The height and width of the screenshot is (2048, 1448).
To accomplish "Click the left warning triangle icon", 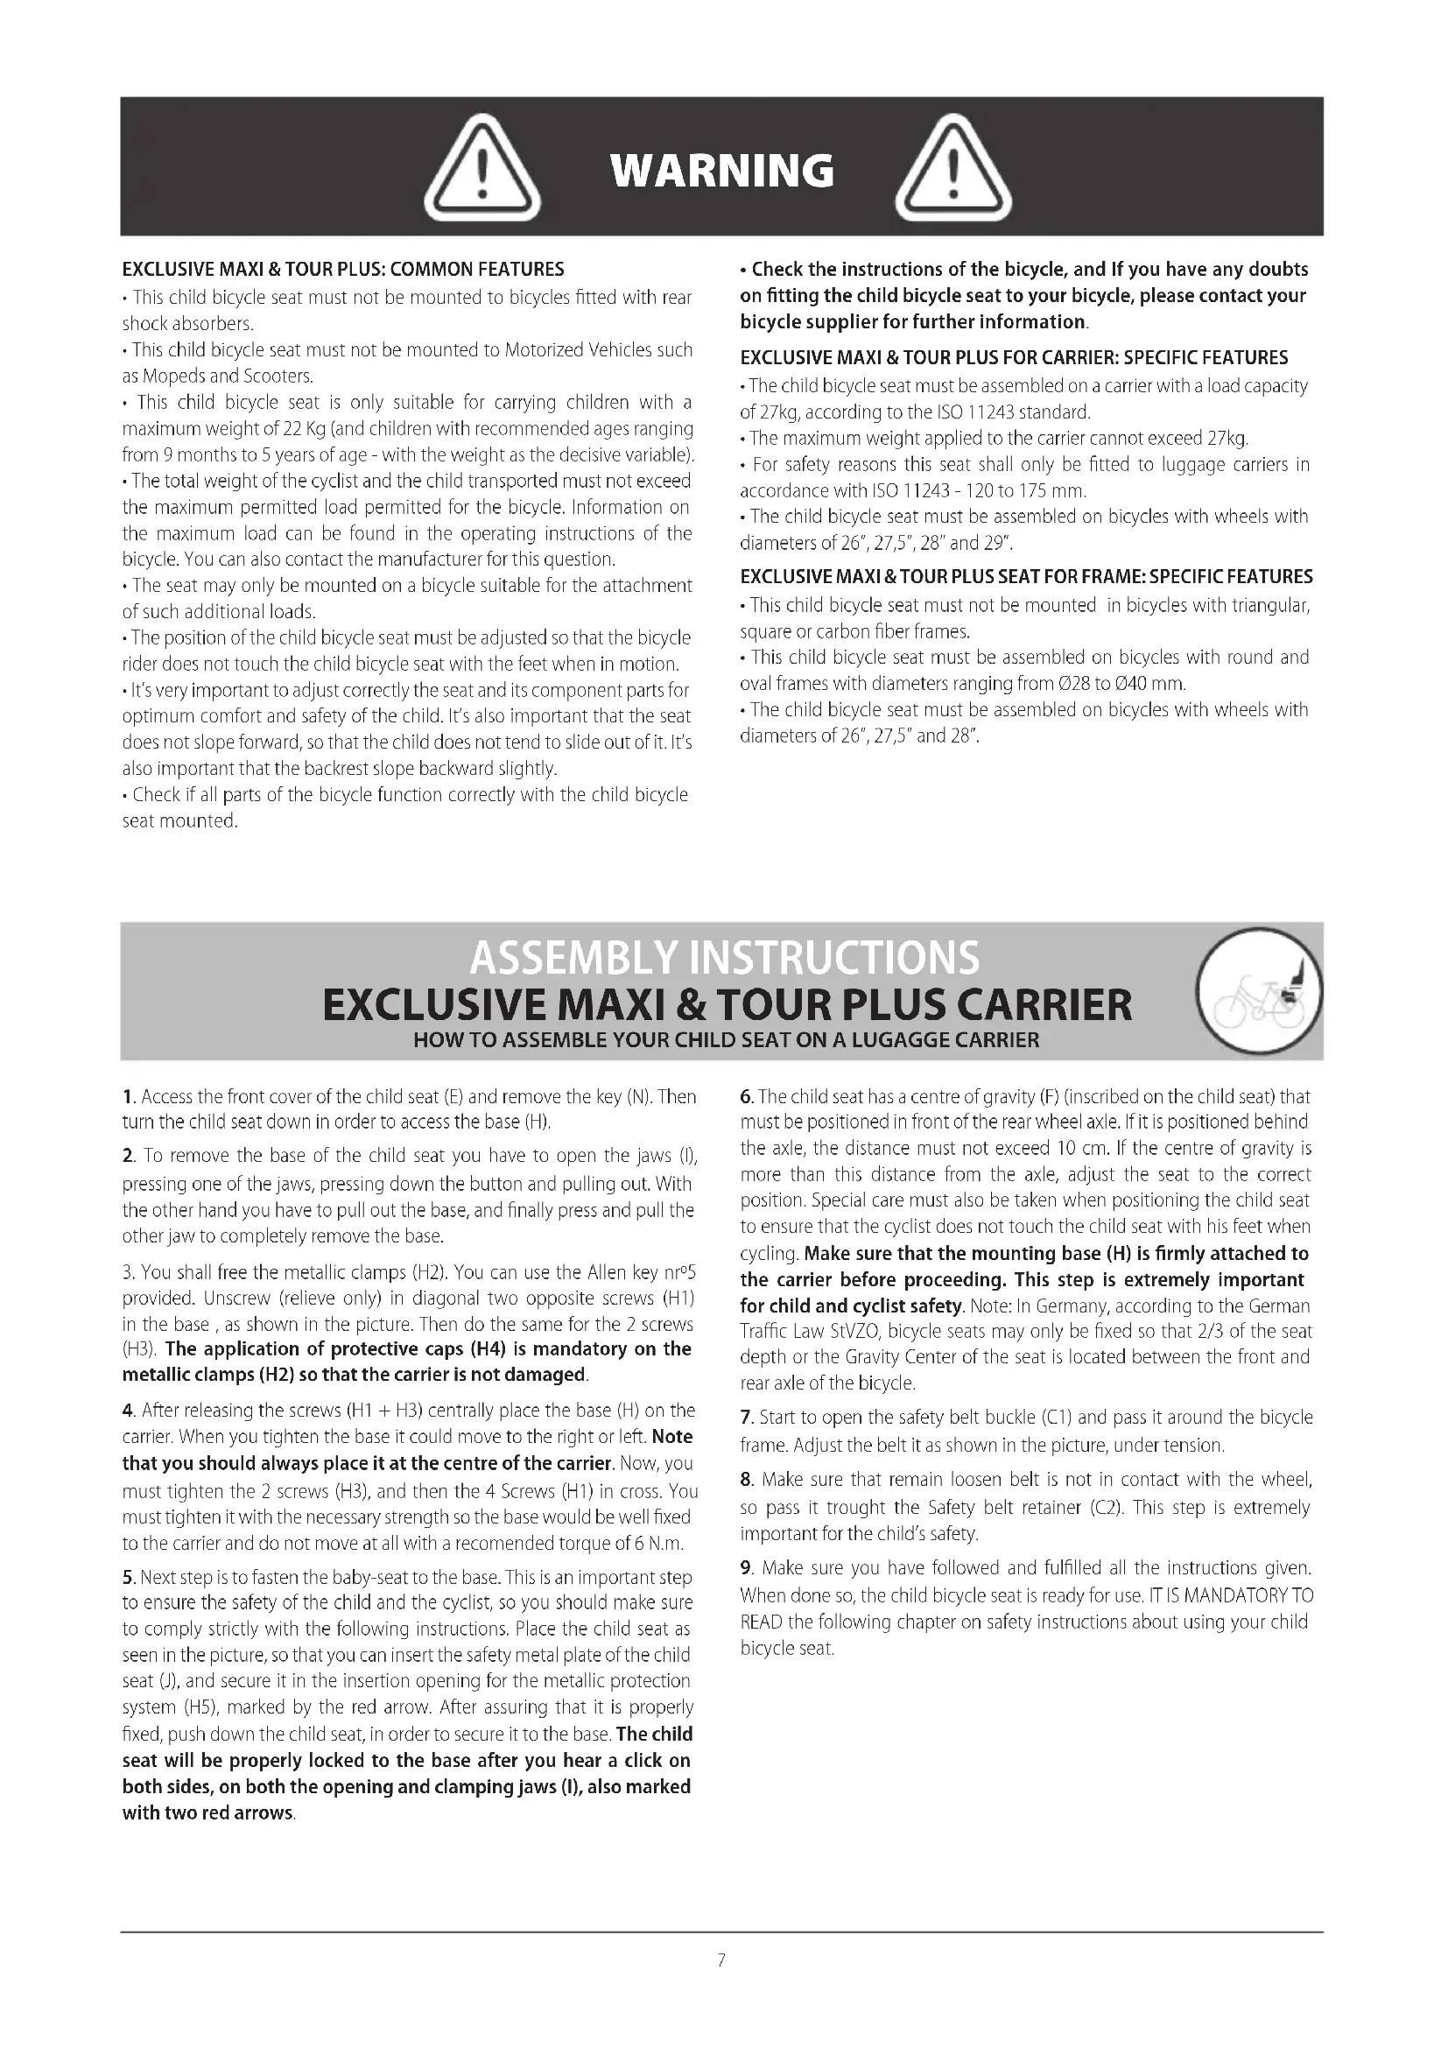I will (x=481, y=170).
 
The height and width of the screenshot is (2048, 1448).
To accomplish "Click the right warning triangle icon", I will (x=953, y=170).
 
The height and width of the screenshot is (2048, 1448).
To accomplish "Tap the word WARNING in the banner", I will (x=722, y=171).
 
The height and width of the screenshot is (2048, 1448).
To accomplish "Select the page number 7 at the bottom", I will (x=721, y=1960).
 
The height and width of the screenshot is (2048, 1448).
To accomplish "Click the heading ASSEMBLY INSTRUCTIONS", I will (x=723, y=957).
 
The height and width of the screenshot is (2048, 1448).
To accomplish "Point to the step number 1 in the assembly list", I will (x=128, y=1097).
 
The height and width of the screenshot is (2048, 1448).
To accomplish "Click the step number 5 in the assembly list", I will (x=128, y=1578).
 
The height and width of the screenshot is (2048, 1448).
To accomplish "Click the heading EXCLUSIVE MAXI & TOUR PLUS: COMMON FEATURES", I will (x=343, y=270).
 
